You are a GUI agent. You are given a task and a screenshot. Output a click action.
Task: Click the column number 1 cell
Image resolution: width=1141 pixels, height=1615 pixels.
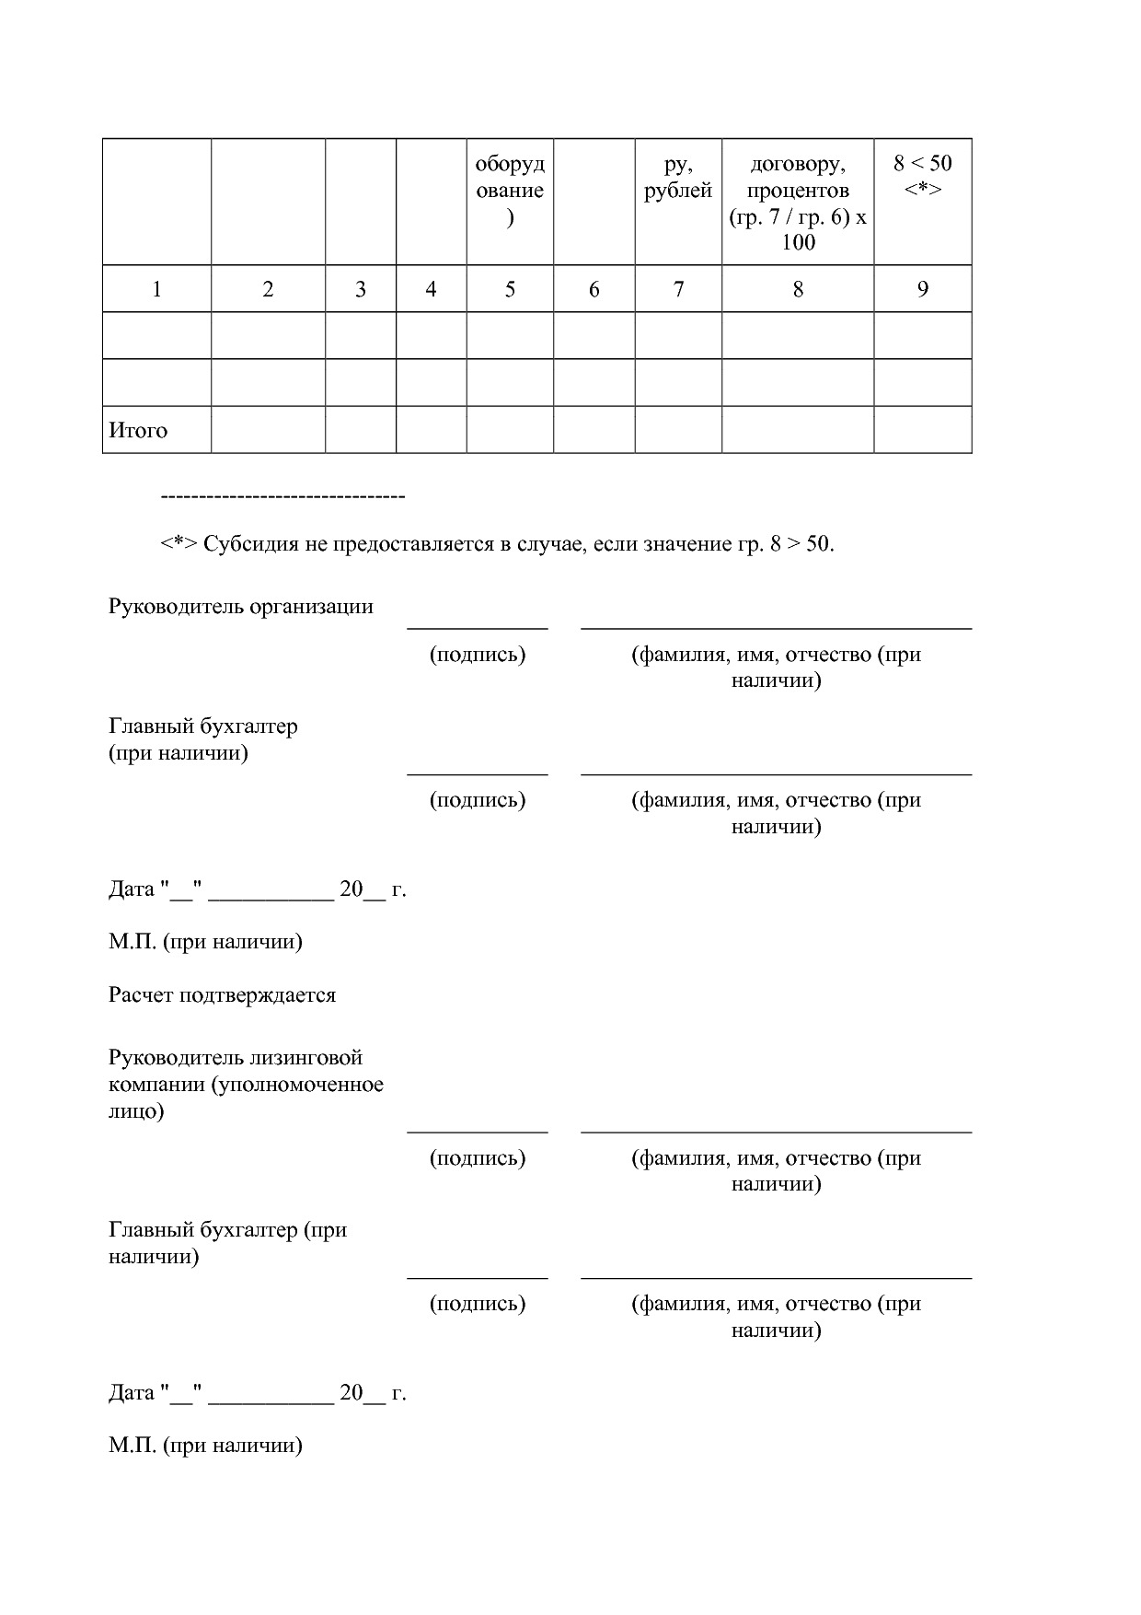[156, 289]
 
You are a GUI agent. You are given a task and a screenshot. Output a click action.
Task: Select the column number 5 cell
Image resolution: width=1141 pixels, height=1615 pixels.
[510, 289]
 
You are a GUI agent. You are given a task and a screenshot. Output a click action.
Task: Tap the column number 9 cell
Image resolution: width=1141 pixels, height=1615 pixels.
[922, 289]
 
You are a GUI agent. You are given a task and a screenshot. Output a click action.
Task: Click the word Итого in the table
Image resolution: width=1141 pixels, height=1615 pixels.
[138, 430]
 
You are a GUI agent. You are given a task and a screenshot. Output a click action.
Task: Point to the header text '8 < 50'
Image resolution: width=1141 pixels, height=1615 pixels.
[922, 164]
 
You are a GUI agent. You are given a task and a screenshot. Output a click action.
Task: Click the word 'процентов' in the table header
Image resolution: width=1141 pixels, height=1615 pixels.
[798, 191]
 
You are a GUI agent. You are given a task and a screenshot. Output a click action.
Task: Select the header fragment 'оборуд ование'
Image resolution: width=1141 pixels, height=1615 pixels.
[510, 178]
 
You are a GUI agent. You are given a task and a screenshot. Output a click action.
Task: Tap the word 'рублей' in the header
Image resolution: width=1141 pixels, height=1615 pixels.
[678, 191]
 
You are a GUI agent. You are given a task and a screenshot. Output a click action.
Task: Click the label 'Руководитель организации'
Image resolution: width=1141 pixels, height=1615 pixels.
[241, 606]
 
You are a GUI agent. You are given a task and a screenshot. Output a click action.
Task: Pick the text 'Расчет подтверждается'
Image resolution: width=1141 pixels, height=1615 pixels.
[223, 994]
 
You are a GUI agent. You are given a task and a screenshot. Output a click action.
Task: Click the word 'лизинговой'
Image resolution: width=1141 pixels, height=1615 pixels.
[315, 1057]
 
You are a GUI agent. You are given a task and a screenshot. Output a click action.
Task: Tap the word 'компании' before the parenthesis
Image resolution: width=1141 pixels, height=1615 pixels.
[156, 1084]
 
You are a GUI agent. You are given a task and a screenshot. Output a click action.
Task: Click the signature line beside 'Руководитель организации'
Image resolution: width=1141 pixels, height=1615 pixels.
[478, 627]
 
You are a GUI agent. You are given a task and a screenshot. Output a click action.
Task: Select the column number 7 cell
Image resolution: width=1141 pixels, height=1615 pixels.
[678, 289]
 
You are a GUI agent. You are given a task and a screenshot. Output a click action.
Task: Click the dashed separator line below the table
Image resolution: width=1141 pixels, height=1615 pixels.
[282, 497]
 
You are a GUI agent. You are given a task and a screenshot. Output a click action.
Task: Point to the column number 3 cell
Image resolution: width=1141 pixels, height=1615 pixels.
[361, 289]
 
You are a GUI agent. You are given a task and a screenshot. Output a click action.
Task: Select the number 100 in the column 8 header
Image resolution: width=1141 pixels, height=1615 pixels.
[798, 242]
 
